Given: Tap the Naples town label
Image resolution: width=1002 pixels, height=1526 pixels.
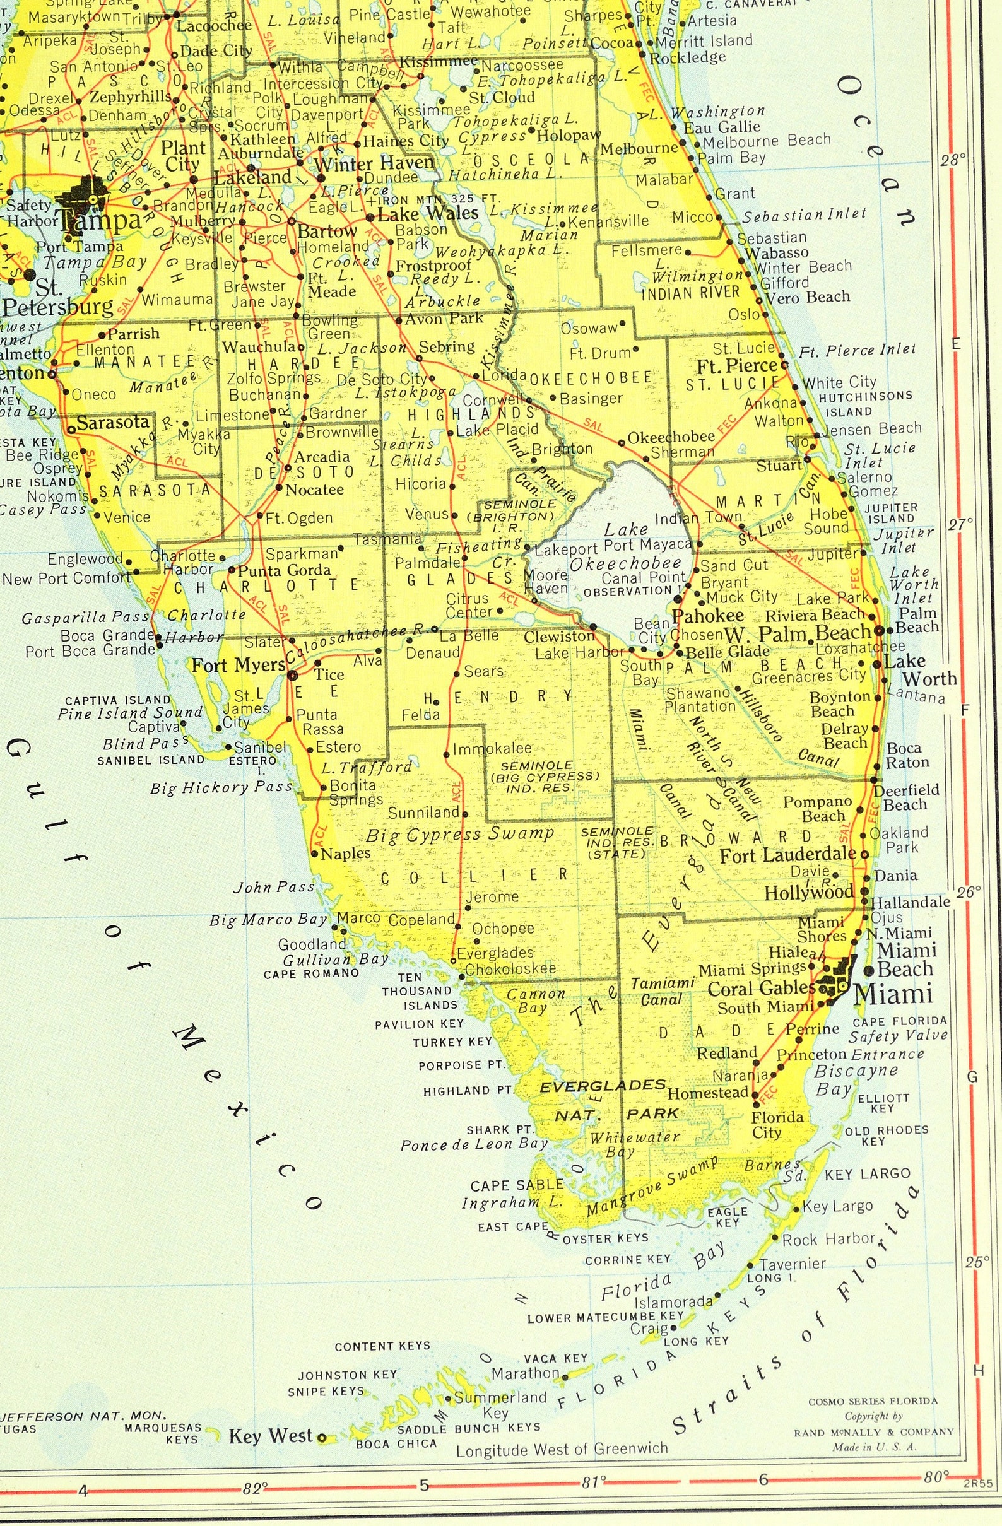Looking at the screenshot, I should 345,854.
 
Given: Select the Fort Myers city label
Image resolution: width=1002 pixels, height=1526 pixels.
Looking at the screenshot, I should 238,666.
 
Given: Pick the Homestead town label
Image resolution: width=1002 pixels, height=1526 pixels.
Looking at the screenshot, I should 707,1092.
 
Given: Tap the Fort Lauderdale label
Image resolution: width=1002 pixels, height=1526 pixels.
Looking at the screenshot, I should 787,855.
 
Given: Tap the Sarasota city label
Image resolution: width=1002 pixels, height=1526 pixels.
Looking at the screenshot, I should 114,423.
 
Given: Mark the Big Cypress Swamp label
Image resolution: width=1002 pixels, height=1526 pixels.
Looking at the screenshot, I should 459,834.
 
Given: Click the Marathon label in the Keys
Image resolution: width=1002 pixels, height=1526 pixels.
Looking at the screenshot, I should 526,1373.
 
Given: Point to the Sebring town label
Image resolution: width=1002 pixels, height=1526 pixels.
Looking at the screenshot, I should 447,346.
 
